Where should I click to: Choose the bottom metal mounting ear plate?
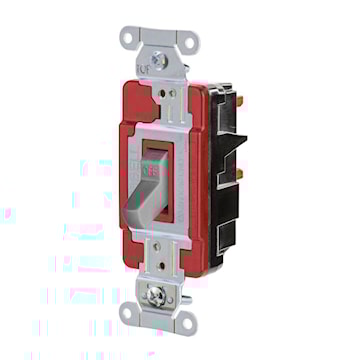pyautogui.click(x=158, y=310)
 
